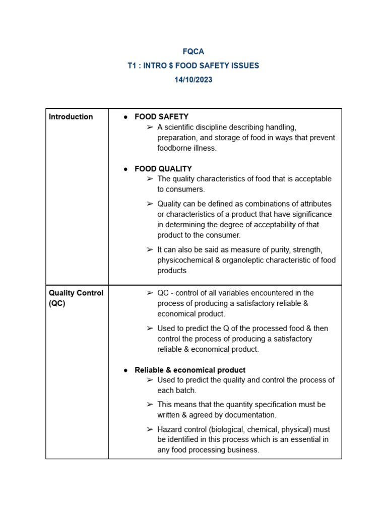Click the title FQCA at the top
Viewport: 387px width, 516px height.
click(x=193, y=51)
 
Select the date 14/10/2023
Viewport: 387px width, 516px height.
click(x=193, y=80)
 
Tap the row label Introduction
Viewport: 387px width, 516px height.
click(x=71, y=117)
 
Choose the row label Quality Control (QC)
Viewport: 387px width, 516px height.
click(x=76, y=298)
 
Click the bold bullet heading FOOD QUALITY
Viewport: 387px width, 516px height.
click(x=163, y=169)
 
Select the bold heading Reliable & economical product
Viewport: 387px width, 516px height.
click(x=190, y=370)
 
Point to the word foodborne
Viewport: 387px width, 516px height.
click(x=175, y=148)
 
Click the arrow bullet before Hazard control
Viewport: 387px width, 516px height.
click(x=150, y=429)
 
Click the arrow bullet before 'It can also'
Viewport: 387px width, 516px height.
click(x=150, y=250)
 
